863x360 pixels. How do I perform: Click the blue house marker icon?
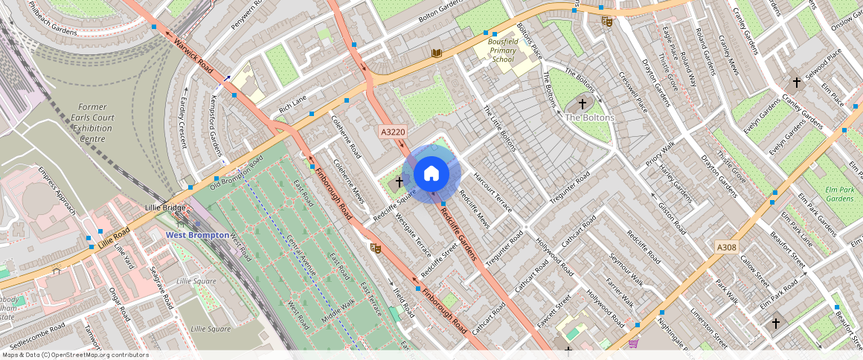431,174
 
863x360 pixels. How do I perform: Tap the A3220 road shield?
393,132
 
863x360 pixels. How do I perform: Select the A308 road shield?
726,246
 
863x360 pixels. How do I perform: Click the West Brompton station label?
197,235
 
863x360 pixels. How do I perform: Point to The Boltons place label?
589,118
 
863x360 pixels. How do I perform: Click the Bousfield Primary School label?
503,51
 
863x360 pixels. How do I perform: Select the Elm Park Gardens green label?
838,194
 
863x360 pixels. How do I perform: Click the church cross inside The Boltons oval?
582,104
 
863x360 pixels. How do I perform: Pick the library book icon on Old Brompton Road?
436,53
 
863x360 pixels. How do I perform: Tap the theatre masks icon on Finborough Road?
375,248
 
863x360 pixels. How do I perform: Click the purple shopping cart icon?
633,343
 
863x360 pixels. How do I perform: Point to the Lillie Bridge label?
165,208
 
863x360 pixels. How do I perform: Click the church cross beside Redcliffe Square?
400,181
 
